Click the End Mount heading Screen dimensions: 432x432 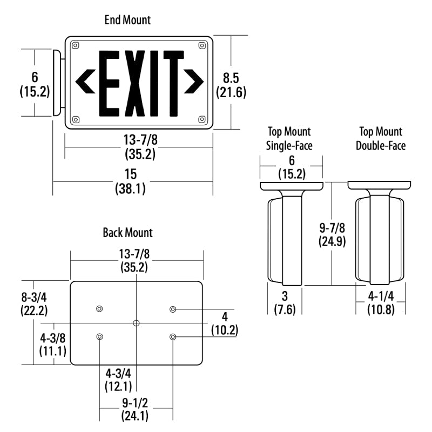[x=127, y=20]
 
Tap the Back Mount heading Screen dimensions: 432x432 [x=127, y=233]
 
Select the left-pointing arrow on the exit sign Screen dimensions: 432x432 [x=85, y=82]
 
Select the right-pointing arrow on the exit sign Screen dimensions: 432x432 [x=194, y=82]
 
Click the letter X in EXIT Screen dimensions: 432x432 [x=134, y=83]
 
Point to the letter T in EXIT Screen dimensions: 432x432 [x=173, y=83]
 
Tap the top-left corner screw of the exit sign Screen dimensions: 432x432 [x=75, y=45]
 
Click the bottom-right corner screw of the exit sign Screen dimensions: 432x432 [x=202, y=119]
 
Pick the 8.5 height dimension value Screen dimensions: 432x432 [x=231, y=78]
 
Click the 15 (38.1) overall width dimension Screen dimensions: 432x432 [x=130, y=181]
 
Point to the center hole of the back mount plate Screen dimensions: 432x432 [x=136, y=323]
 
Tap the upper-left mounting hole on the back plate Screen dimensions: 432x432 [x=99, y=308]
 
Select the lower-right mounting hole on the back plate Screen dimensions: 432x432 [x=173, y=336]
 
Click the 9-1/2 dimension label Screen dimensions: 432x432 [x=135, y=403]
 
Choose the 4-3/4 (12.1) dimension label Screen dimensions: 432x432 [x=118, y=380]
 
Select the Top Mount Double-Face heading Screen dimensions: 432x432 [x=381, y=139]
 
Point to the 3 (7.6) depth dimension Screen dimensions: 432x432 [x=285, y=303]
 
